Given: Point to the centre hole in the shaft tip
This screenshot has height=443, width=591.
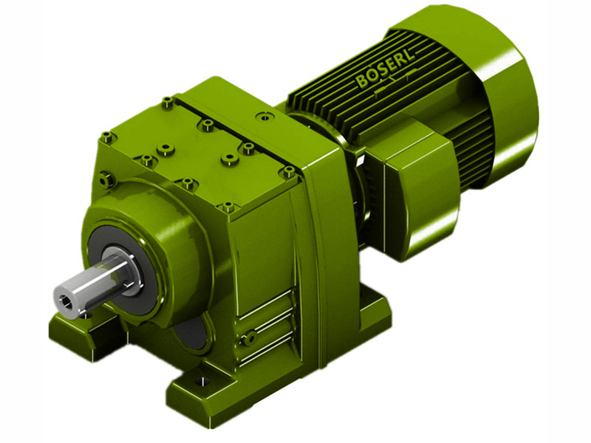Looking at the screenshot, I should (x=71, y=299).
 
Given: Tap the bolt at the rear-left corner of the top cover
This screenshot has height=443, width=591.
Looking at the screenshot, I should (x=168, y=101).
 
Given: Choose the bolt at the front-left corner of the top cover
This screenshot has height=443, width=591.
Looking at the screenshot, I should (x=108, y=137).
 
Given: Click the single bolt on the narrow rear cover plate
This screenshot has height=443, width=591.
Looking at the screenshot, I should (x=262, y=116).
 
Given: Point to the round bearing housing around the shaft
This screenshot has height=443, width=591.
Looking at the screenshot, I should (x=148, y=236).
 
